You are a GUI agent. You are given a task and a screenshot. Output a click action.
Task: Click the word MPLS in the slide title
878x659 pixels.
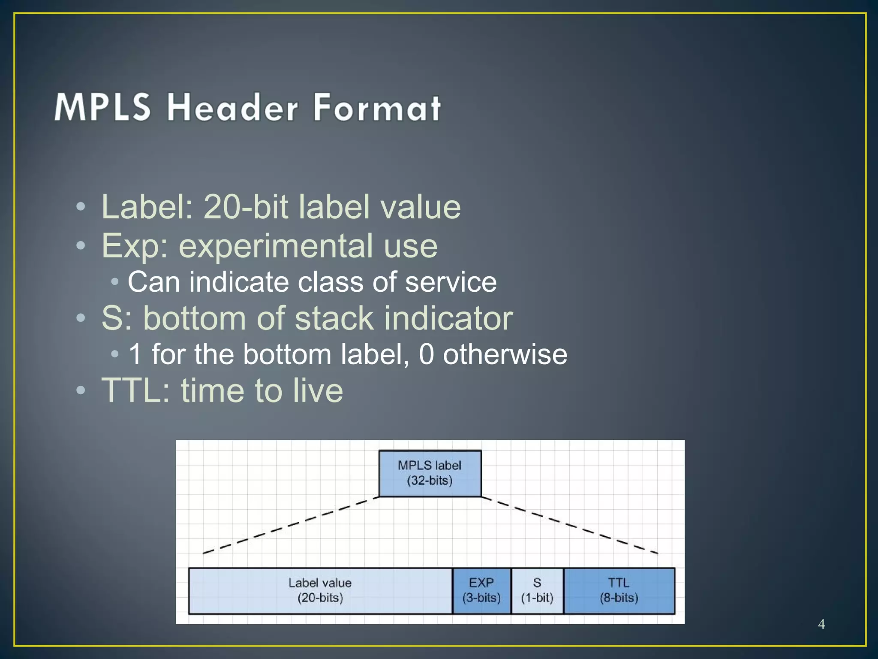(x=103, y=107)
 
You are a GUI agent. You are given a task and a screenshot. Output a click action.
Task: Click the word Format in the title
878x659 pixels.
(x=377, y=107)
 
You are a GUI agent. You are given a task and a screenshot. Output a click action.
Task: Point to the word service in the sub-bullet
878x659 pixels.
(x=451, y=282)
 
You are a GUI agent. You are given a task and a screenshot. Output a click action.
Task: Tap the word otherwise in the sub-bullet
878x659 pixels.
(x=505, y=354)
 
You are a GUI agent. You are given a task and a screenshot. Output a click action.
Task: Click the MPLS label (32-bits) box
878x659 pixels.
(x=430, y=473)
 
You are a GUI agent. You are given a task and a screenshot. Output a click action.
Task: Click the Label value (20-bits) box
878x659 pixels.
(x=320, y=590)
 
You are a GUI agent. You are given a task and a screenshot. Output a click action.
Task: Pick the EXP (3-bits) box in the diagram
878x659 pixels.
(x=481, y=590)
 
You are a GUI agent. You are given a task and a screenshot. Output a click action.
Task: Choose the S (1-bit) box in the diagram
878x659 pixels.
(x=537, y=590)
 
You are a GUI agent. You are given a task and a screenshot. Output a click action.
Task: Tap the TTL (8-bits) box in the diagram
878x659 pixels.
(x=619, y=590)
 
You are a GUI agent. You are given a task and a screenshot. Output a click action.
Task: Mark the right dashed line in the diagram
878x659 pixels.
(x=570, y=525)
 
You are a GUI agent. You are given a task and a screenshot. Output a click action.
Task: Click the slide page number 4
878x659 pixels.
(x=821, y=624)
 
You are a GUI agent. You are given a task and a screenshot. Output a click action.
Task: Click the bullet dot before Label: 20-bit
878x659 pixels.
(x=81, y=207)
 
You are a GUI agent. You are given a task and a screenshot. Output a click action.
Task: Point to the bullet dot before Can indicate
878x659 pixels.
(x=114, y=282)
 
